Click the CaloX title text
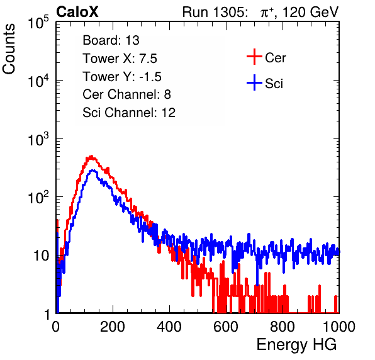click(x=77, y=12)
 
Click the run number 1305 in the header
click(x=230, y=12)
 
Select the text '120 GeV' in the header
click(x=310, y=12)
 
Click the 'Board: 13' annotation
click(x=111, y=40)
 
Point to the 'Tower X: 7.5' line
click(x=120, y=59)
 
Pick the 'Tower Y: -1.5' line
click(x=122, y=77)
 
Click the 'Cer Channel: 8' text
click(x=126, y=94)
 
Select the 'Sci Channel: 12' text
click(x=129, y=113)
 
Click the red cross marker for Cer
click(x=254, y=57)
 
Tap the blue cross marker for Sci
click(x=254, y=82)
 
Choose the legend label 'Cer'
click(x=275, y=58)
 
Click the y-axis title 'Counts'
click(x=9, y=49)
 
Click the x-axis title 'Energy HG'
click(x=296, y=344)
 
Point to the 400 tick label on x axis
click(x=169, y=327)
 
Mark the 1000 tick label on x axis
click(x=339, y=327)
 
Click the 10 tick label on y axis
click(x=42, y=256)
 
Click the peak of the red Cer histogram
click(x=91, y=157)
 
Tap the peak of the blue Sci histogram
click(x=93, y=171)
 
